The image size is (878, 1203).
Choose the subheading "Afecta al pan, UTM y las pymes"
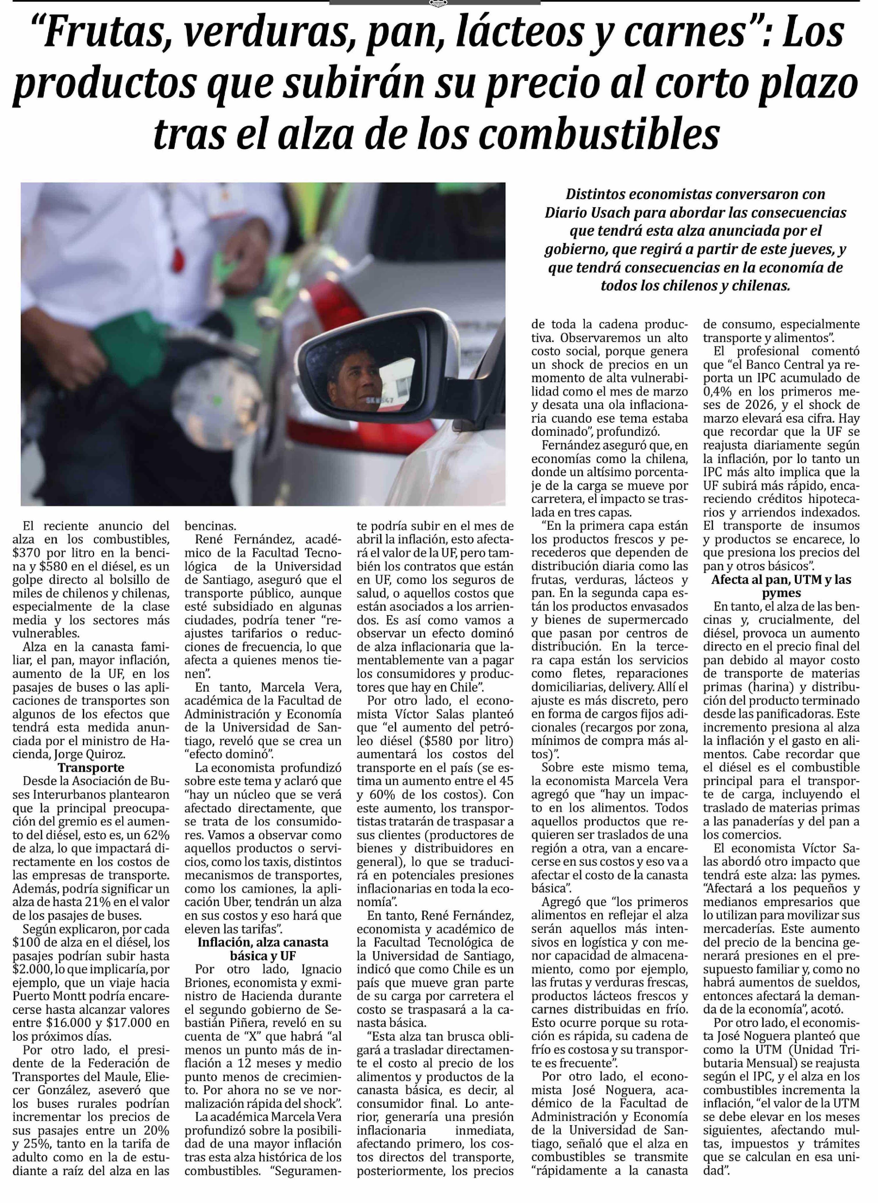(781, 586)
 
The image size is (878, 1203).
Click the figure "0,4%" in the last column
(720, 392)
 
